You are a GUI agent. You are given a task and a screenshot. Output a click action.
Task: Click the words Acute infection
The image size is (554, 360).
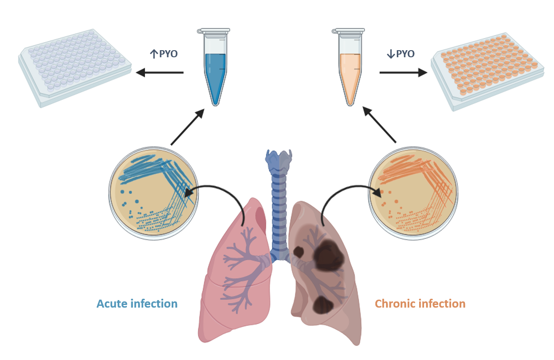click(x=137, y=304)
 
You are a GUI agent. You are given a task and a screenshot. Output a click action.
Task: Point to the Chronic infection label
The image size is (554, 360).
click(x=420, y=304)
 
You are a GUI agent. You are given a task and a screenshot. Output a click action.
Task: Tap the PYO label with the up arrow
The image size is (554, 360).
click(x=164, y=54)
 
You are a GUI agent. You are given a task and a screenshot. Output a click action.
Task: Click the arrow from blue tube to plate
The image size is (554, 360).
click(x=160, y=72)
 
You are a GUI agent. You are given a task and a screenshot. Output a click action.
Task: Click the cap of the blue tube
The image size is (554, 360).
click(x=215, y=31)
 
